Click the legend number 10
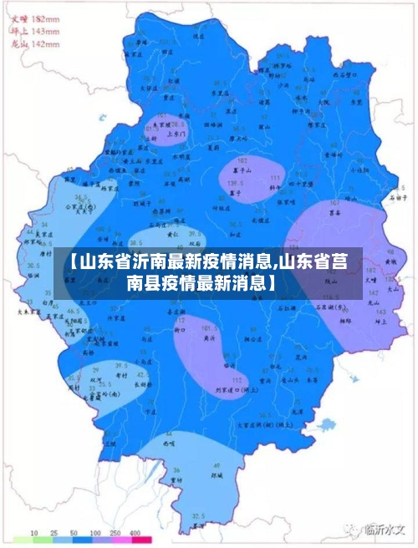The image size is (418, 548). pos(35,533)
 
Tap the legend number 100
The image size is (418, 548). pos(94,533)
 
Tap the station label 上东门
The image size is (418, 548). pos(176,132)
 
